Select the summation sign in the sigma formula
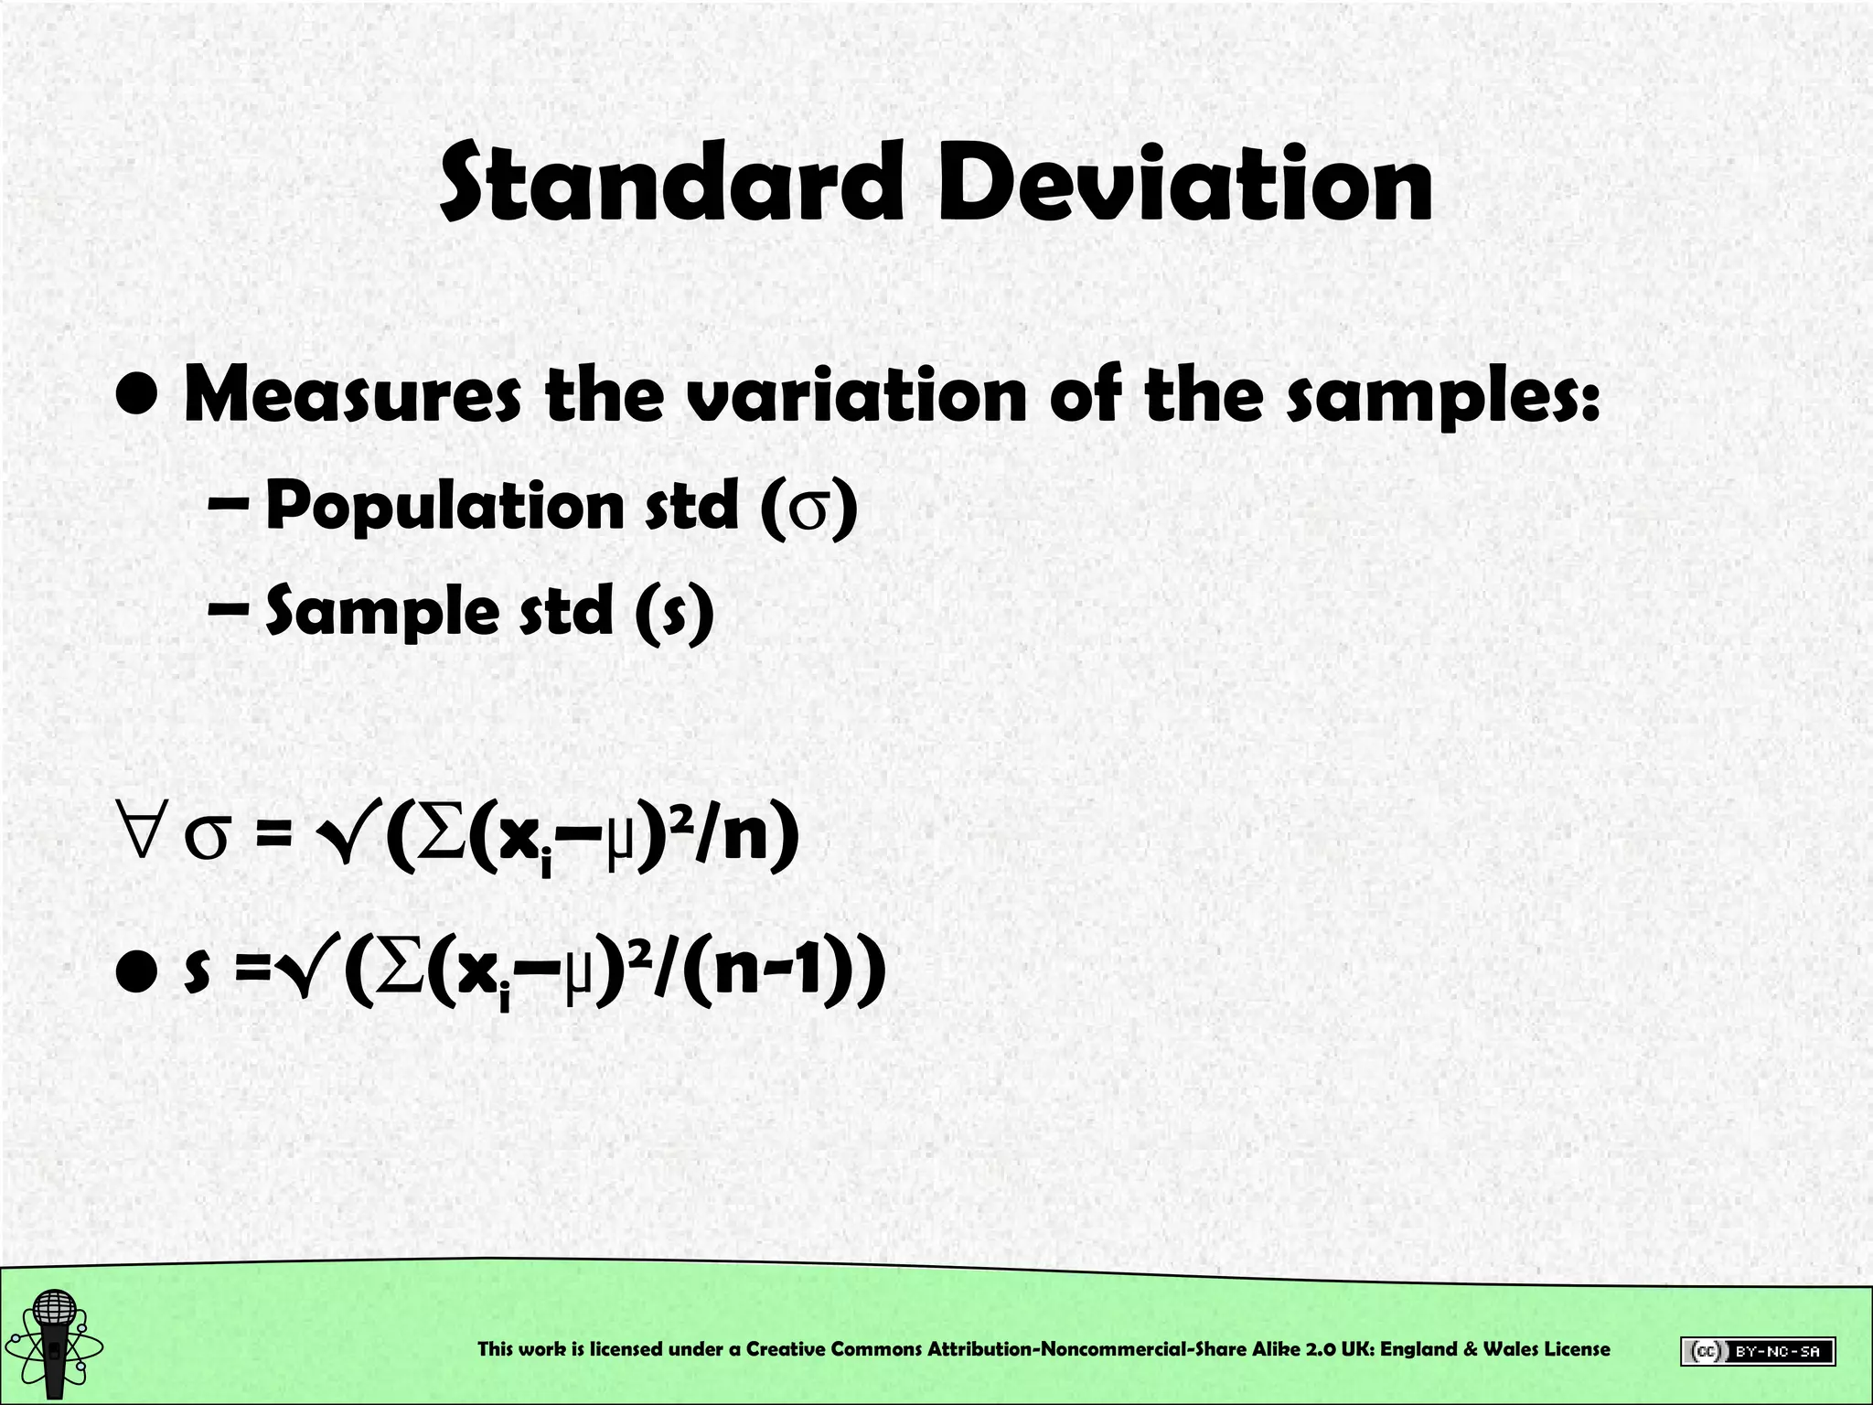(x=441, y=834)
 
